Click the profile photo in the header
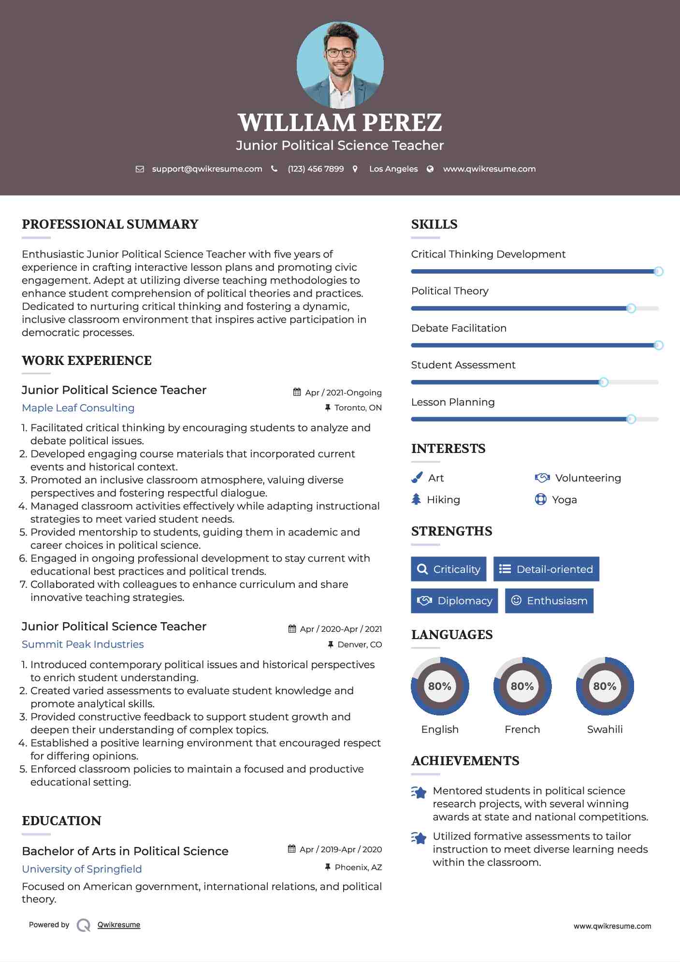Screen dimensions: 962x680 (340, 65)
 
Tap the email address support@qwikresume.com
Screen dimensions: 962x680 (207, 169)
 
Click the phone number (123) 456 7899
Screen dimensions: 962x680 (316, 169)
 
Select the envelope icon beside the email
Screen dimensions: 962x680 (140, 169)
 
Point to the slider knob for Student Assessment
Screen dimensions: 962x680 (603, 382)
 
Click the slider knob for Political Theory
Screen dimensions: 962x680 (631, 308)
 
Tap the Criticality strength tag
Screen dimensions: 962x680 (449, 569)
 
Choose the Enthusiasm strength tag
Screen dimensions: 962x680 (549, 601)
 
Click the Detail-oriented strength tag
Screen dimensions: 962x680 (546, 569)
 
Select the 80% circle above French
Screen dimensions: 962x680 (522, 686)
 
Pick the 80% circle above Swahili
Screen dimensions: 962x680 (605, 686)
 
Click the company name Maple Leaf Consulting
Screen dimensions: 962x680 (78, 408)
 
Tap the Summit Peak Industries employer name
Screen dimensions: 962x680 (83, 644)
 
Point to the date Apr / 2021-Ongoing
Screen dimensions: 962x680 (343, 393)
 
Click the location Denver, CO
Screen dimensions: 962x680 (360, 645)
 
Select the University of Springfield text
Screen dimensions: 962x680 (82, 869)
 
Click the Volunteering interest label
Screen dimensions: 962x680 (588, 478)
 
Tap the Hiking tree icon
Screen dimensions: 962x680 (416, 499)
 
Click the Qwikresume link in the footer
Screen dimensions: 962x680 (119, 925)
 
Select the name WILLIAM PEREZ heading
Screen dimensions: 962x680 (340, 123)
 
